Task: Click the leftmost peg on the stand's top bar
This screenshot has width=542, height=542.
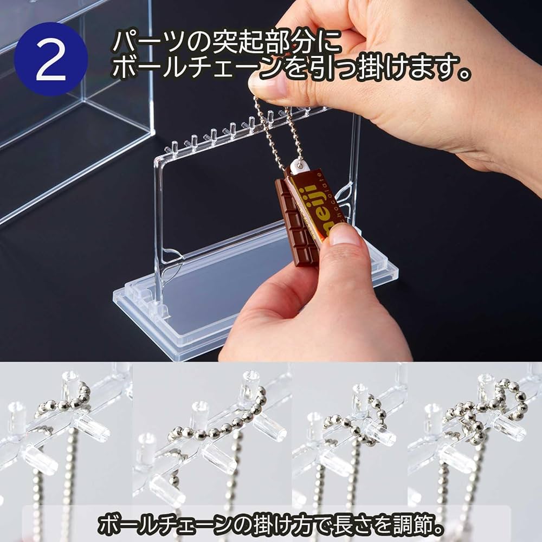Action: [175, 146]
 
